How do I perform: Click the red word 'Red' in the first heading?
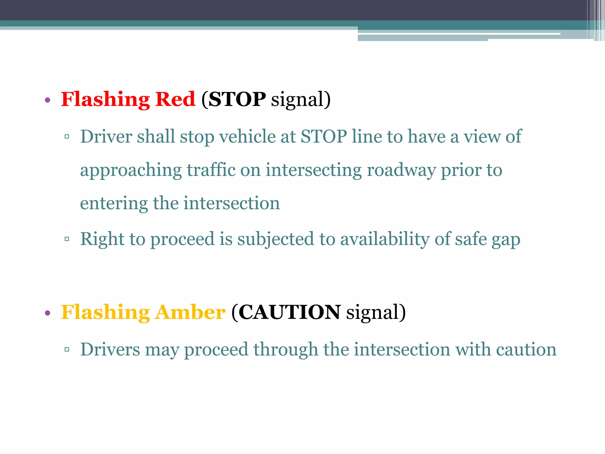pos(175,99)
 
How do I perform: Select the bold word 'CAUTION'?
pos(290,312)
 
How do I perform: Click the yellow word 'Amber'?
pos(190,312)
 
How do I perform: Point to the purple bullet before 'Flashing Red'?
pos(48,100)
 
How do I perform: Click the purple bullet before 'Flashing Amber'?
pos(48,313)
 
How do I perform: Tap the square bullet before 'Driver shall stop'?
pos(67,137)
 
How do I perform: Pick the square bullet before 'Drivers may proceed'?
pos(67,350)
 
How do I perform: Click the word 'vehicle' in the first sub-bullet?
pos(247,137)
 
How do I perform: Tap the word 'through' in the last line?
pos(286,350)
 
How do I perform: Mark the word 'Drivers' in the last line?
pos(110,350)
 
